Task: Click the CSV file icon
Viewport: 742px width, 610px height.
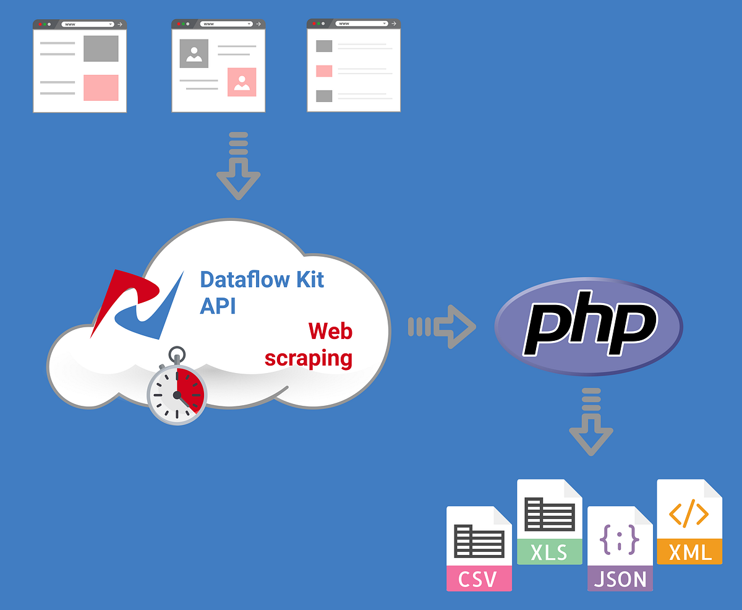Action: pyautogui.click(x=479, y=548)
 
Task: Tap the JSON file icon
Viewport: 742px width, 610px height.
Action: pyautogui.click(x=620, y=548)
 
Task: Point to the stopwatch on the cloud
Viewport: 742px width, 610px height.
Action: pyautogui.click(x=177, y=391)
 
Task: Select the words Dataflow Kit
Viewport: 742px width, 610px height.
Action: pyautogui.click(x=262, y=279)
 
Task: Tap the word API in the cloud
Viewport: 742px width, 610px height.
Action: pyautogui.click(x=218, y=306)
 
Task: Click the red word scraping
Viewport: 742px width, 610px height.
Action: pyautogui.click(x=309, y=358)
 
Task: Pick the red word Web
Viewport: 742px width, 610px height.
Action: pyautogui.click(x=330, y=331)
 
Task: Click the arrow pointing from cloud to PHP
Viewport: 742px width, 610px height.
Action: pyautogui.click(x=441, y=326)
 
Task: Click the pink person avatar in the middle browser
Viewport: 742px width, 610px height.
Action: pyautogui.click(x=242, y=82)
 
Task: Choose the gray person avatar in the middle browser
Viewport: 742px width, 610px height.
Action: pyautogui.click(x=194, y=54)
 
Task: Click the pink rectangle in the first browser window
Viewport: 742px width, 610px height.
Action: pyautogui.click(x=101, y=87)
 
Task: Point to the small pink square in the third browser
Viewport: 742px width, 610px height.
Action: pyautogui.click(x=324, y=71)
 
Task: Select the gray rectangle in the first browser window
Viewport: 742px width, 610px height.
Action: pyautogui.click(x=101, y=49)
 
